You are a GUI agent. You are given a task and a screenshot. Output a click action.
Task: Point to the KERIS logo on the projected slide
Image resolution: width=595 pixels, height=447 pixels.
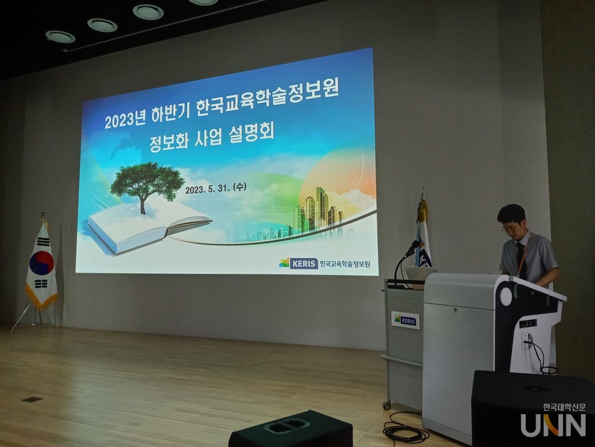coord(299,263)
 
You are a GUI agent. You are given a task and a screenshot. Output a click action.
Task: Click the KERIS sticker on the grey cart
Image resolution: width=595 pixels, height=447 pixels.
coord(405,320)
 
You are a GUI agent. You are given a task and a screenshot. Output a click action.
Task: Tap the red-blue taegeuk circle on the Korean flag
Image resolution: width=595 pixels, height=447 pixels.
coord(42,263)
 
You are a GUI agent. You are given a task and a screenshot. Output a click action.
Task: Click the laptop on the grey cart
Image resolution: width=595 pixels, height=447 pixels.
coord(421,274)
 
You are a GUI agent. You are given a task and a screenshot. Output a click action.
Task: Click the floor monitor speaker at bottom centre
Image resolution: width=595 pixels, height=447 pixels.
coord(291,430)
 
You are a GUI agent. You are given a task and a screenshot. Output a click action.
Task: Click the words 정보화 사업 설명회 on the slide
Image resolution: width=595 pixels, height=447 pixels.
coord(211,136)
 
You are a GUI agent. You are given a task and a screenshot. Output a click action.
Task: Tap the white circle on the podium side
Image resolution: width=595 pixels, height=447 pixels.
coord(506,297)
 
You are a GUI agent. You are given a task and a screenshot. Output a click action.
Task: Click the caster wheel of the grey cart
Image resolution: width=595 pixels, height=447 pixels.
coord(387,405)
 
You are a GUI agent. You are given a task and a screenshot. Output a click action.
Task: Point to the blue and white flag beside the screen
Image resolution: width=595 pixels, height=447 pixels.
coord(423,242)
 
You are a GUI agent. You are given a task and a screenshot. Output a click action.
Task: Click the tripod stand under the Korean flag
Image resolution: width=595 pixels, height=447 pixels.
coord(34,317)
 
